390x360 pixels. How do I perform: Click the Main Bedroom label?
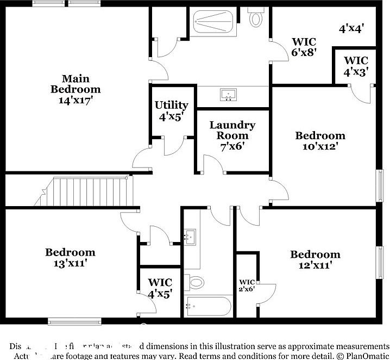pyautogui.click(x=76, y=89)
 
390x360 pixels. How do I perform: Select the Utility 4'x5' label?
pyautogui.click(x=171, y=110)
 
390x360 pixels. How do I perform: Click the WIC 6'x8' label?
pyautogui.click(x=304, y=47)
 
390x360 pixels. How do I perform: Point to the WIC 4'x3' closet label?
pyautogui.click(x=356, y=66)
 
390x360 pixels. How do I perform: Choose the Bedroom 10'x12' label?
pyautogui.click(x=320, y=141)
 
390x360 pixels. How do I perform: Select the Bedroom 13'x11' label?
pyautogui.click(x=70, y=258)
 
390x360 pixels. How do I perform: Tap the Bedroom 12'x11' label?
pyautogui.click(x=315, y=260)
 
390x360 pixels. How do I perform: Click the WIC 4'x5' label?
pyautogui.click(x=160, y=288)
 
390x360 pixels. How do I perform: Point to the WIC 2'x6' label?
pyautogui.click(x=247, y=285)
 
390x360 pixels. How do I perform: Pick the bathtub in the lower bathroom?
pyautogui.click(x=209, y=307)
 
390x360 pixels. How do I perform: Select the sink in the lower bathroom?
pyautogui.click(x=190, y=237)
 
